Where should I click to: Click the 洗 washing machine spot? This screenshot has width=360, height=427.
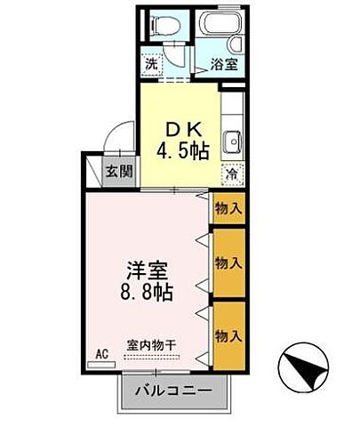coord(152,64)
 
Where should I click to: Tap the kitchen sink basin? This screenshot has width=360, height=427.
coord(234,140)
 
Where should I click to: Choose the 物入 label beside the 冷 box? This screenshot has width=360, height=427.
coord(229,209)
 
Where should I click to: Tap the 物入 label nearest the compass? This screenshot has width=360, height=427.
coord(229,336)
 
